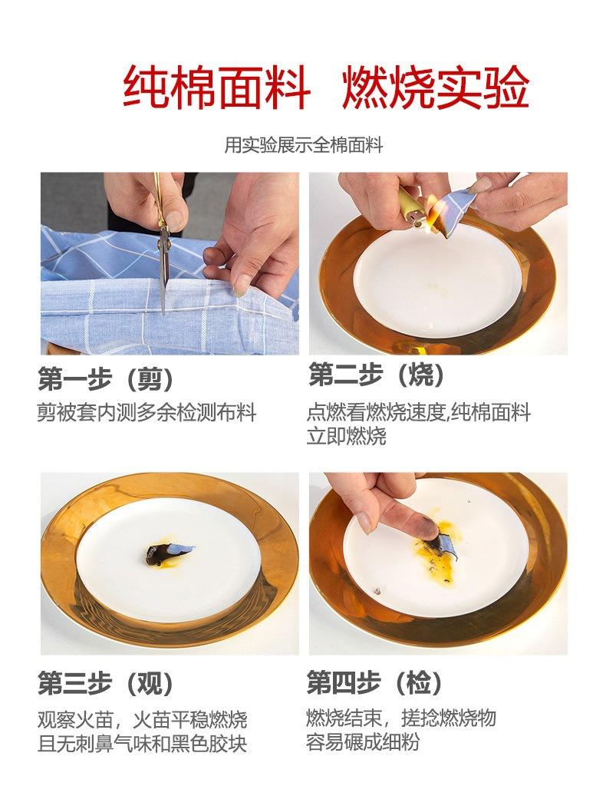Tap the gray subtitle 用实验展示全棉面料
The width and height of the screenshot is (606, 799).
click(x=303, y=144)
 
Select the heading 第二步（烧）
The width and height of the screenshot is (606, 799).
click(x=377, y=375)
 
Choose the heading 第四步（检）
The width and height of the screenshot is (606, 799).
click(x=376, y=682)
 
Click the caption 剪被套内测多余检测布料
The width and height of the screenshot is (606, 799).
click(x=147, y=412)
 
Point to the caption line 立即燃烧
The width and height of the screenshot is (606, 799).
click(x=347, y=436)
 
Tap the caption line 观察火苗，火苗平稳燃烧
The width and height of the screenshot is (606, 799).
click(x=143, y=720)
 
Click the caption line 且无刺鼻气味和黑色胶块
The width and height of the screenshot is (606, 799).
click(x=143, y=744)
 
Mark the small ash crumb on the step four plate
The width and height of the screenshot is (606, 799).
click(x=376, y=591)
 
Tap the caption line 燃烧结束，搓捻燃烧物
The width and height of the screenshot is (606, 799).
click(x=401, y=718)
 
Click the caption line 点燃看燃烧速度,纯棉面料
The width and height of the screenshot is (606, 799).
click(x=418, y=412)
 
